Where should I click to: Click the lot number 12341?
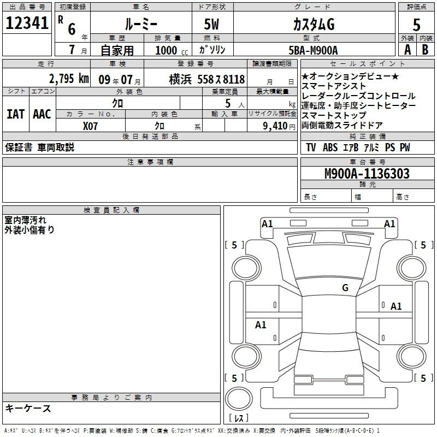27,23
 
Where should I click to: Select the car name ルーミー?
141,24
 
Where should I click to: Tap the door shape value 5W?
211,24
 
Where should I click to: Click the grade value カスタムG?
314,24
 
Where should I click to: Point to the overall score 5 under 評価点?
416,25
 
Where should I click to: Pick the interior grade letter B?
425,50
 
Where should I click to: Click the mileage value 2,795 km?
69,79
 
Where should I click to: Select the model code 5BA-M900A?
313,50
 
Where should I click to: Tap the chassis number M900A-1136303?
367,174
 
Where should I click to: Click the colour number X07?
90,126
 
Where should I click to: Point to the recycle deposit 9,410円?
279,126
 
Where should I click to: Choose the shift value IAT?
15,114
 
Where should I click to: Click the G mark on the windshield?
345,288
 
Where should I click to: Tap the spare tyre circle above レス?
239,398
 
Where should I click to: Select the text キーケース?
28,408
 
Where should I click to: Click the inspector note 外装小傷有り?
29,229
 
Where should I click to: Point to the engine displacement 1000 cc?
172,50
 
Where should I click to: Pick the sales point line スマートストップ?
334,115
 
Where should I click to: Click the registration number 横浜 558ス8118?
207,79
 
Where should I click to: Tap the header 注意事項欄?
150,162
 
